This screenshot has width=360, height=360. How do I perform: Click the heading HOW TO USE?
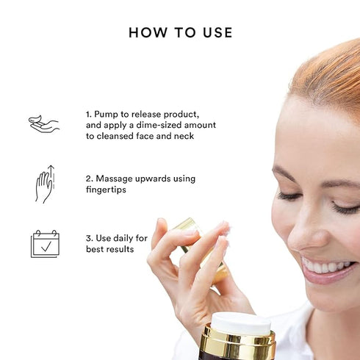[180, 32]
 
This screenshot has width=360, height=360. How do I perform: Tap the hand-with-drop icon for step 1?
[43, 123]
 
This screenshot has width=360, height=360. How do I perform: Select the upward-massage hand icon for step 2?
[44, 184]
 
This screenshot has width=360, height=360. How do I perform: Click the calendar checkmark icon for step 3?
[44, 243]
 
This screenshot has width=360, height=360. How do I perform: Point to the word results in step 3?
[121, 250]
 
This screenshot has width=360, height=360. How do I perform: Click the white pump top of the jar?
[240, 323]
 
